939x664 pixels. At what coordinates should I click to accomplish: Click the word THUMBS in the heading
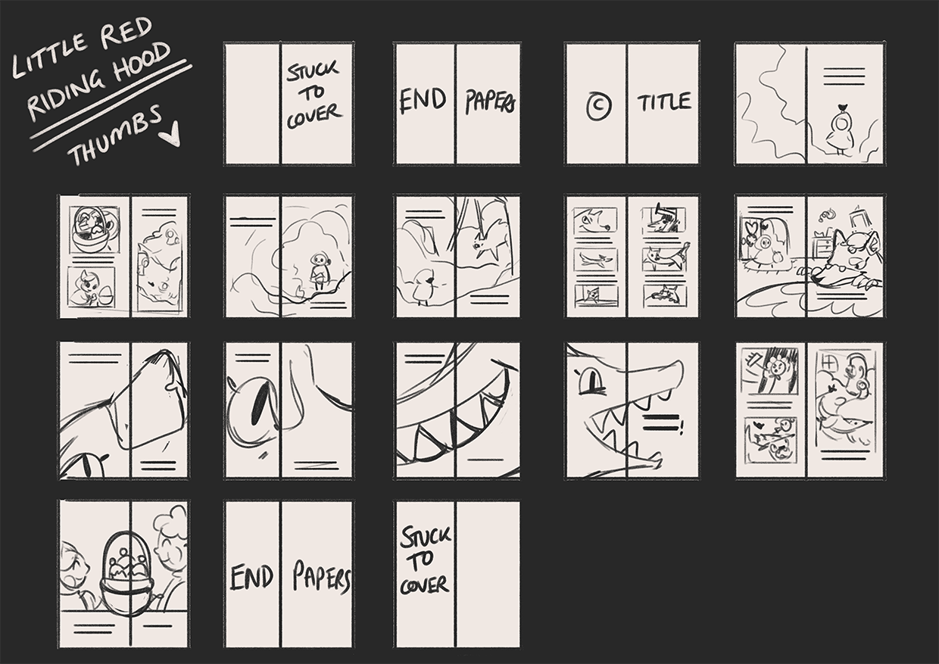[115, 134]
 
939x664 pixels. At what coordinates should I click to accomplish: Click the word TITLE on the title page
[664, 102]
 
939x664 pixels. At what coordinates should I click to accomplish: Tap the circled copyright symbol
[598, 106]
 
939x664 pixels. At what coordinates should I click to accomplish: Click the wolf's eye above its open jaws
[591, 381]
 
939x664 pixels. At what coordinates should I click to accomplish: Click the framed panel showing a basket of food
[94, 229]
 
